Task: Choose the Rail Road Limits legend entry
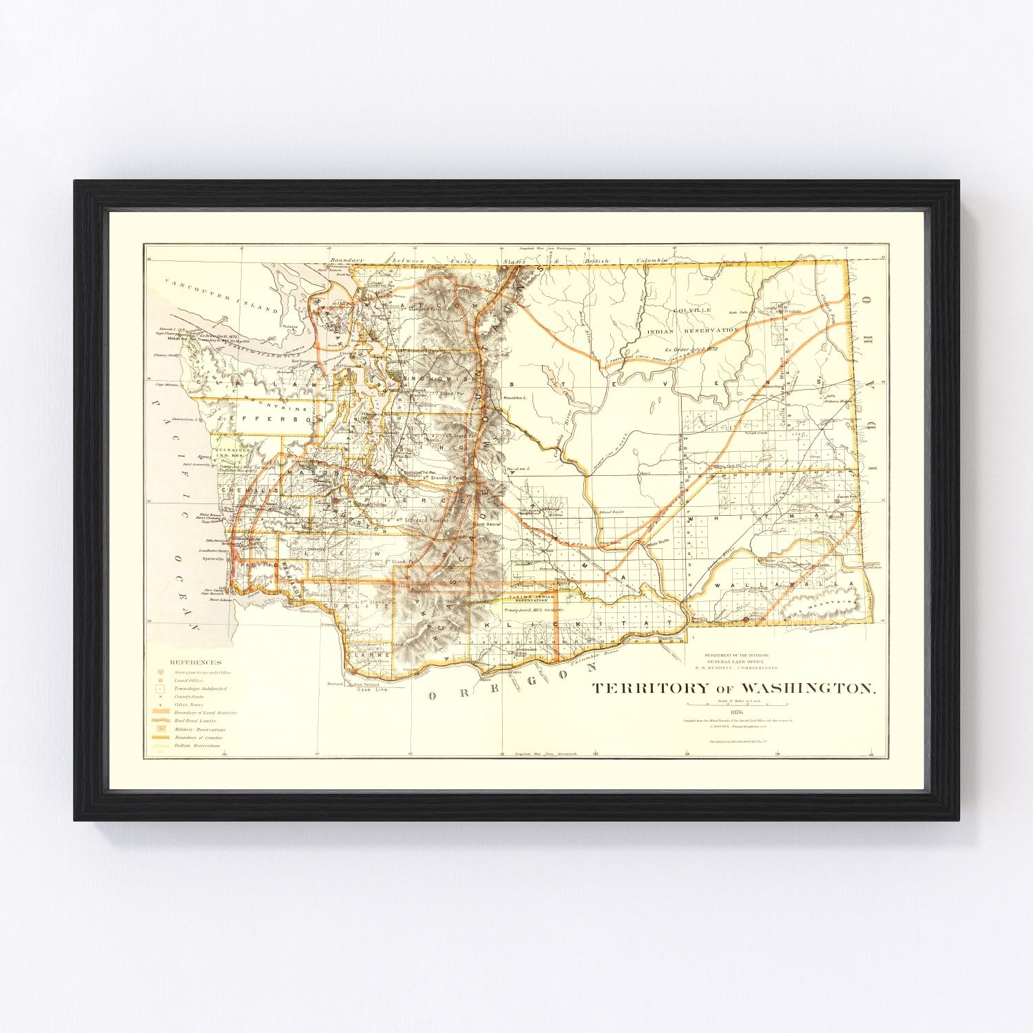(195, 720)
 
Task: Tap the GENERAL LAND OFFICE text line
(740, 661)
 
